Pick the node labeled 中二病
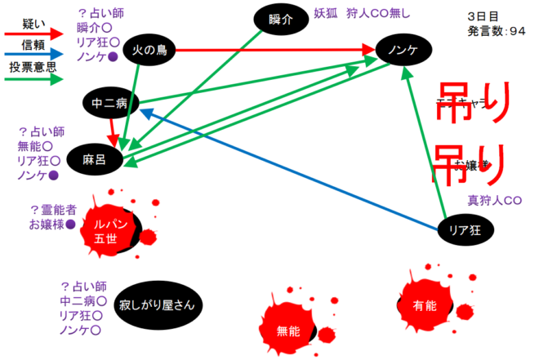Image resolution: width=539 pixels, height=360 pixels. pyautogui.click(x=110, y=103)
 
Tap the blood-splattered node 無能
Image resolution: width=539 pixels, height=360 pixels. pyautogui.click(x=289, y=331)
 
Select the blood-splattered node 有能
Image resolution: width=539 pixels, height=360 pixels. pyautogui.click(x=425, y=305)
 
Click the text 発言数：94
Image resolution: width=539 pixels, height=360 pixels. pyautogui.click(x=497, y=31)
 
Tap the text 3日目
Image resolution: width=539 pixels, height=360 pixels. pyautogui.click(x=483, y=16)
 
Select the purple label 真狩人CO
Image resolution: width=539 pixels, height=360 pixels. pyautogui.click(x=494, y=200)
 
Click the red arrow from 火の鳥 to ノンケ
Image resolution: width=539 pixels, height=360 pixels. pyautogui.click(x=269, y=51)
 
